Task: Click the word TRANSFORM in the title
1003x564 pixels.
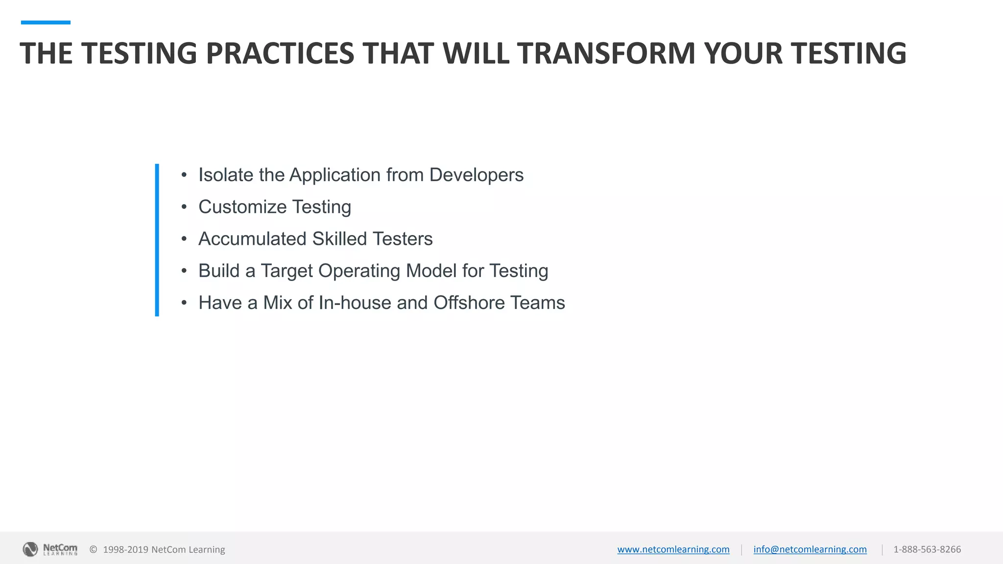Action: [606, 53]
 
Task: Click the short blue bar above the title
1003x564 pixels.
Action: [46, 23]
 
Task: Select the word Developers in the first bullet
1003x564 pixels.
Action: [476, 175]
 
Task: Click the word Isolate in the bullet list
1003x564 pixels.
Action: [226, 175]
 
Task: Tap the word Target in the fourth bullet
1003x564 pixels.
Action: [287, 271]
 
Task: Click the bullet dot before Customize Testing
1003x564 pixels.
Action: [184, 207]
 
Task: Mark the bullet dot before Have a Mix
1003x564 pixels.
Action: [184, 303]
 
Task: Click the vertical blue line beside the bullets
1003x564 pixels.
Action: [157, 240]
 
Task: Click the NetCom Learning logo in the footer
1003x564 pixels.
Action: [50, 549]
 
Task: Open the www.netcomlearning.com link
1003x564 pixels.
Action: [673, 549]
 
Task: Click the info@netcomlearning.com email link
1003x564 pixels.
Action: [810, 549]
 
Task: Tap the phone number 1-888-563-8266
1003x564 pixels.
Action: [927, 549]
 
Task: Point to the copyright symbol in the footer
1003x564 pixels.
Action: [93, 549]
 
